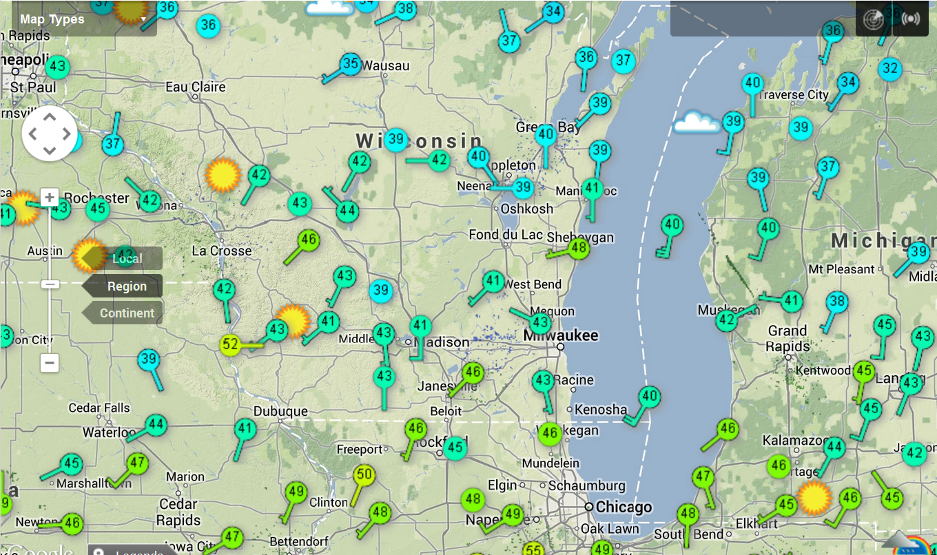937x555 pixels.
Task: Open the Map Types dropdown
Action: tap(83, 19)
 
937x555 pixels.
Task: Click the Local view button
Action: tap(127, 259)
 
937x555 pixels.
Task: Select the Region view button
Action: tap(126, 286)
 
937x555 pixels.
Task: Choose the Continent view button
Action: tap(126, 313)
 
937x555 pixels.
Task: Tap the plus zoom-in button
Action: tap(50, 198)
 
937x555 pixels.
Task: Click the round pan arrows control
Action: tap(50, 134)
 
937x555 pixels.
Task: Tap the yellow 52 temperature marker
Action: tap(231, 344)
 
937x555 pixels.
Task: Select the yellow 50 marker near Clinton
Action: tap(364, 474)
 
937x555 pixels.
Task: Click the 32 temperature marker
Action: tap(890, 69)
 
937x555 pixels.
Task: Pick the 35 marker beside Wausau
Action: tap(351, 64)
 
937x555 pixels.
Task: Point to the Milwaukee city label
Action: tap(561, 336)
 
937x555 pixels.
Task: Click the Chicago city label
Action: tap(624, 507)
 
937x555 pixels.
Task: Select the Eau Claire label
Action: tap(196, 87)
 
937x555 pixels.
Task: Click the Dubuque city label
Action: tap(280, 412)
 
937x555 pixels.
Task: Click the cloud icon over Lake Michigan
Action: tap(697, 123)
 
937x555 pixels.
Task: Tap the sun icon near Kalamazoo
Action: tap(814, 498)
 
